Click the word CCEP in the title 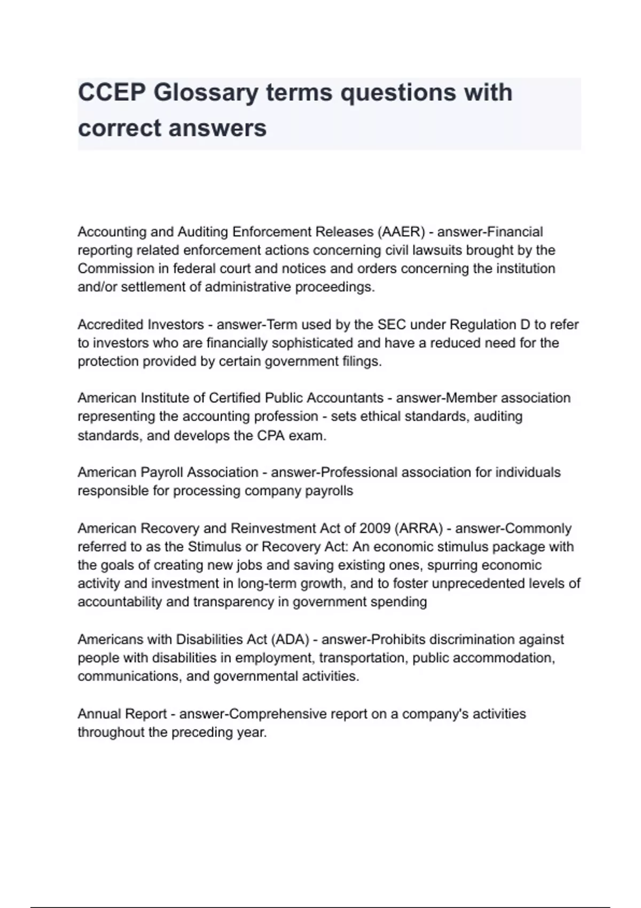tap(112, 92)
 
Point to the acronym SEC tap(392, 324)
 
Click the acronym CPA tap(271, 435)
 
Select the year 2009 tap(375, 528)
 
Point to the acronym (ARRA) tap(419, 528)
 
